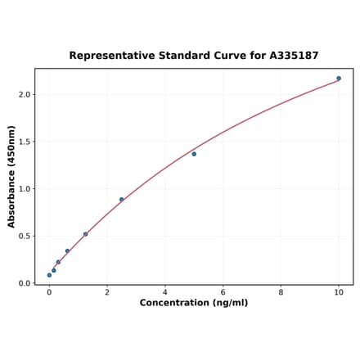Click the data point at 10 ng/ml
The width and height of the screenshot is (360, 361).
(x=339, y=79)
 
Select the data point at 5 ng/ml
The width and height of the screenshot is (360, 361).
(x=194, y=154)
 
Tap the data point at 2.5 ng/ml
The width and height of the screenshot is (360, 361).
(x=122, y=199)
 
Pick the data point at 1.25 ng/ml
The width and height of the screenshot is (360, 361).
(x=85, y=234)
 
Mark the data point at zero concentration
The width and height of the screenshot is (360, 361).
(x=49, y=275)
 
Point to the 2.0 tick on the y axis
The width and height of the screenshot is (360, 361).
(x=24, y=95)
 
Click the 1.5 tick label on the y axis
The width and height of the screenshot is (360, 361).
(x=24, y=142)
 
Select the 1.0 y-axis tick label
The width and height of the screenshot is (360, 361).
(x=24, y=189)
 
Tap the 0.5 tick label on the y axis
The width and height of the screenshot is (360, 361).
(x=24, y=237)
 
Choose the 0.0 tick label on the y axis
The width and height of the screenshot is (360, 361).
(x=24, y=283)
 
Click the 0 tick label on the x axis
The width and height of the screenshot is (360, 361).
(x=49, y=292)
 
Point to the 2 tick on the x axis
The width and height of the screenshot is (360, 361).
(x=107, y=292)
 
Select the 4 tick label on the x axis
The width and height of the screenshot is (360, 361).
(x=165, y=292)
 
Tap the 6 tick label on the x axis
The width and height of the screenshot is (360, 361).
(x=223, y=292)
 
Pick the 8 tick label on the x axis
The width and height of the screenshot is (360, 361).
(x=281, y=292)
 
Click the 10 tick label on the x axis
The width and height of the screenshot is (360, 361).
(x=339, y=292)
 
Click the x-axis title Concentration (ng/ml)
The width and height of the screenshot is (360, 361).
(x=194, y=303)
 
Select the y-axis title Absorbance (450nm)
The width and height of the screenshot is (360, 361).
(x=11, y=177)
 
